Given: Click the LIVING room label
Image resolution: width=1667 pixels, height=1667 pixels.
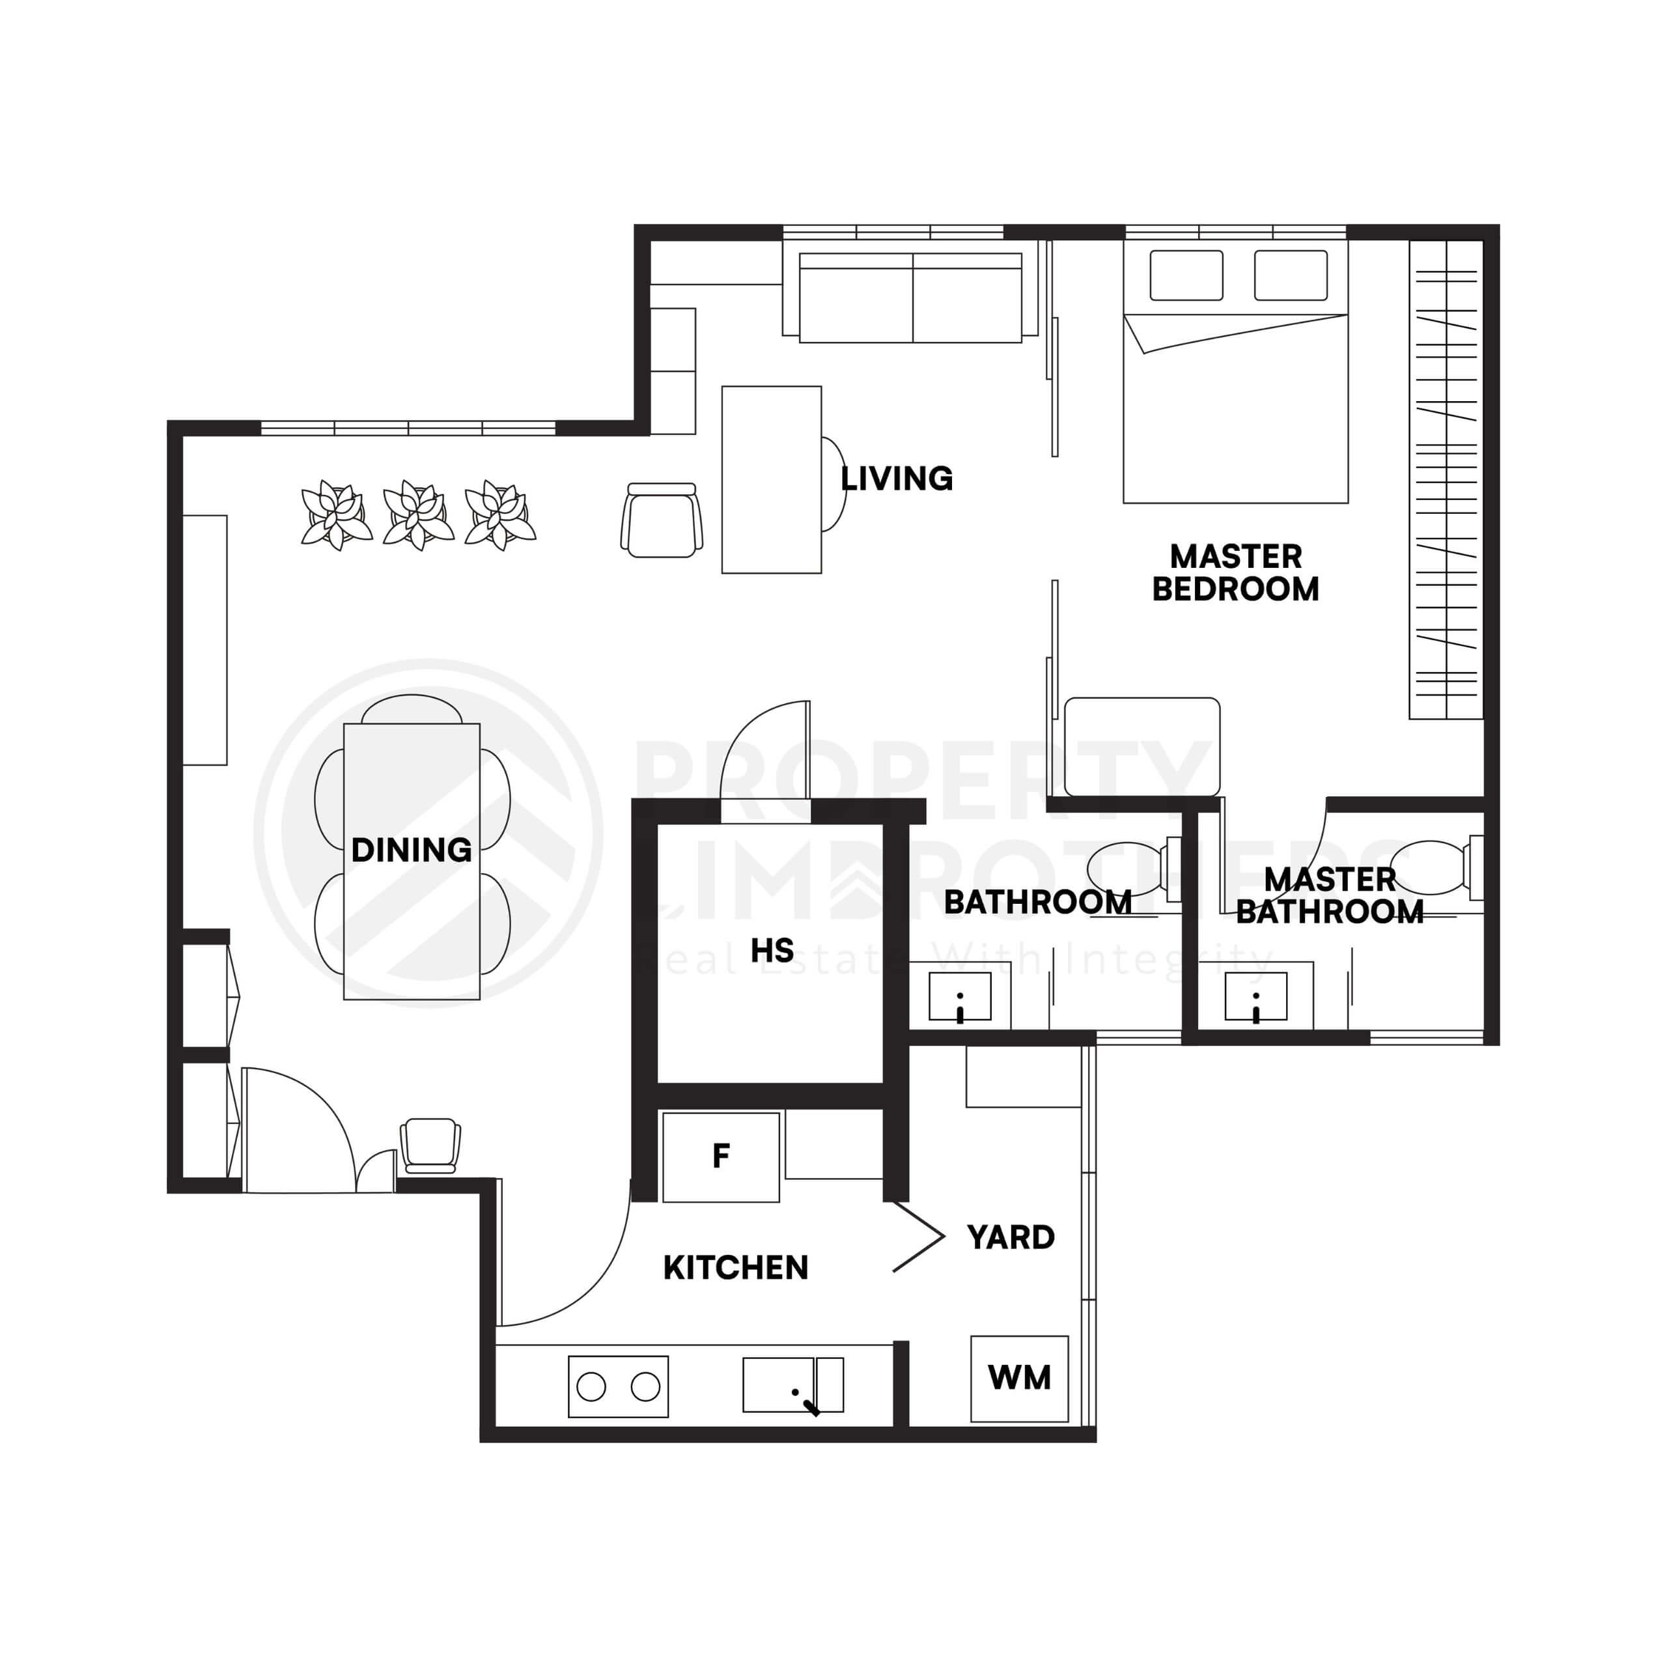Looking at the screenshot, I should click(897, 479).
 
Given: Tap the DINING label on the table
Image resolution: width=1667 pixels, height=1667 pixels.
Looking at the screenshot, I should click(412, 850).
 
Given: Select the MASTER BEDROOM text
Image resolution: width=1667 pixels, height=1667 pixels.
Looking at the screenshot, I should click(1235, 573).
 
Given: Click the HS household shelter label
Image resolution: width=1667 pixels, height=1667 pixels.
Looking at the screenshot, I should click(772, 951).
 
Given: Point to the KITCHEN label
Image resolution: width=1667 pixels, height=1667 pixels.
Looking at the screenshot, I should click(735, 1268).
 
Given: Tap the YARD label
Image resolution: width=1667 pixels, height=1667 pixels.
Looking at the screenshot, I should click(1011, 1237).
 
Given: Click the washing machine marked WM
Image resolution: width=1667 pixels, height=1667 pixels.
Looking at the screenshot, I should click(1019, 1378).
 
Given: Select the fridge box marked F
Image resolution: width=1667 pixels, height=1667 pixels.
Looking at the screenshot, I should click(720, 1156).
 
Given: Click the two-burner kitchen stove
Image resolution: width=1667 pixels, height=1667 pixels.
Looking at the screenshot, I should click(618, 1386).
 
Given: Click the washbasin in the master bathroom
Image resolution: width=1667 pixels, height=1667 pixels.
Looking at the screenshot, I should click(1255, 996).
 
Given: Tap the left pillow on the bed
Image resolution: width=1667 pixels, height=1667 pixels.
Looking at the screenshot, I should click(1186, 275).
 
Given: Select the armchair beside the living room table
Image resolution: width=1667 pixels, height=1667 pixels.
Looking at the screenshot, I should click(662, 520).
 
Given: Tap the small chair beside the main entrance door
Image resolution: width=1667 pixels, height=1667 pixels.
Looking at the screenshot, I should click(430, 1145).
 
